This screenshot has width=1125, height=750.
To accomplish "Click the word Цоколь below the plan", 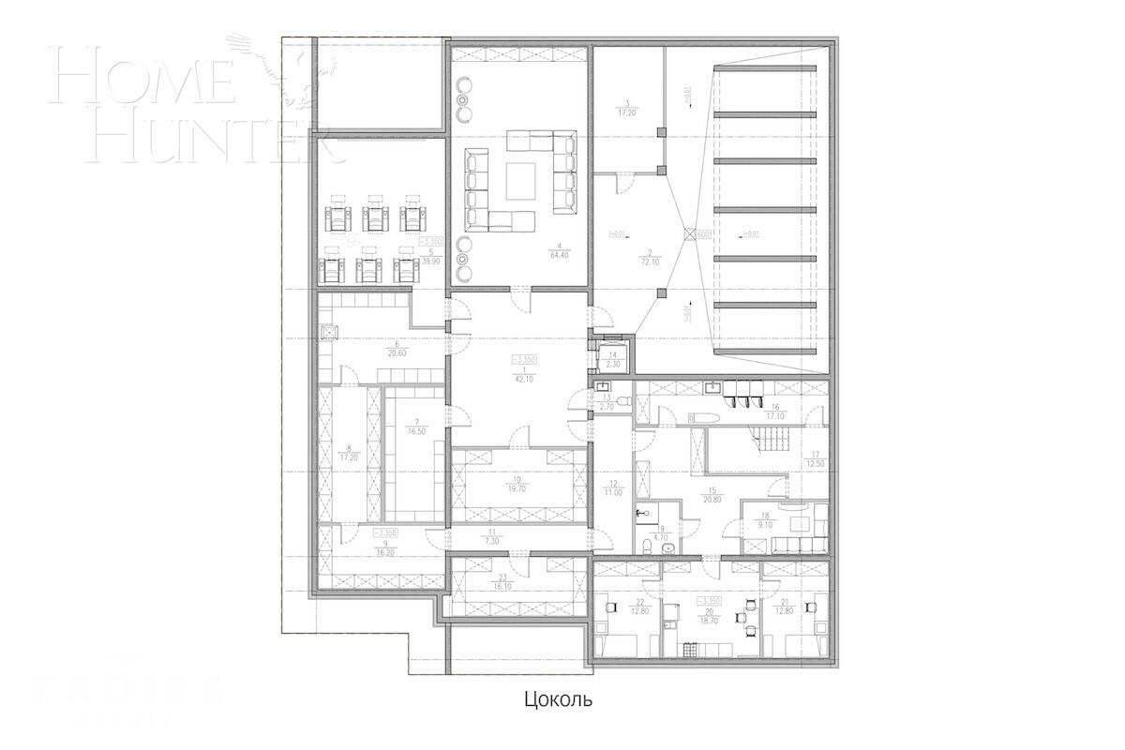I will [x=557, y=699].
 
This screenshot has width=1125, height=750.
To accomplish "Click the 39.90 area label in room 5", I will [x=429, y=261].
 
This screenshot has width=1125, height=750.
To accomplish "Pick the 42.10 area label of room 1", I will [x=523, y=380].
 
